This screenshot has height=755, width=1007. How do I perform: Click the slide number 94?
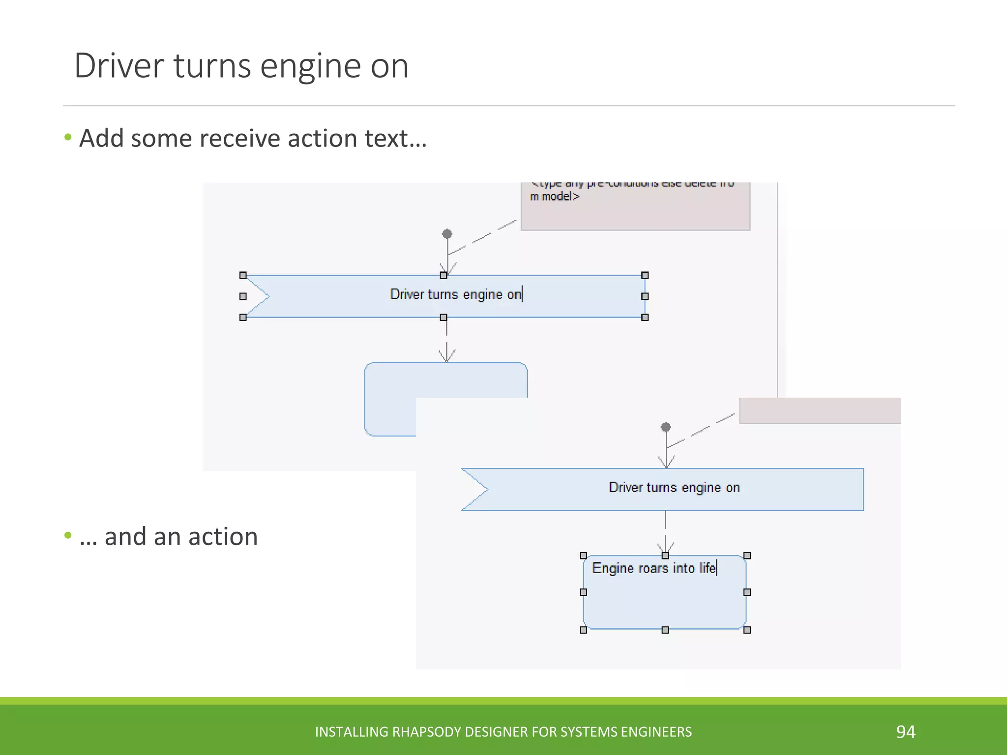pyautogui.click(x=905, y=732)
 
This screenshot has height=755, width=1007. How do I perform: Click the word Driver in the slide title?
pyautogui.click(x=118, y=66)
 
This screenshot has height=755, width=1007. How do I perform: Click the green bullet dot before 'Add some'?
pyautogui.click(x=68, y=137)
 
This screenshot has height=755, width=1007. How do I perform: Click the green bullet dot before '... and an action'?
pyautogui.click(x=68, y=535)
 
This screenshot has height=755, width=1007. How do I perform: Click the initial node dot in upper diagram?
pyautogui.click(x=447, y=233)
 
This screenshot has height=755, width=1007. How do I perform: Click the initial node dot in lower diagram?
pyautogui.click(x=666, y=427)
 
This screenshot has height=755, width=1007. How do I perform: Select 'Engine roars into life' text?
pyautogui.click(x=654, y=568)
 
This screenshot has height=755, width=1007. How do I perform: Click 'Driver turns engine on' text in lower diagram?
pyautogui.click(x=674, y=488)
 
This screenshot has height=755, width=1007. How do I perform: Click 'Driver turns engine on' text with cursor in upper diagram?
pyautogui.click(x=455, y=294)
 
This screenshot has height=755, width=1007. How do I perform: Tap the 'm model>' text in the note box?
pyautogui.click(x=555, y=197)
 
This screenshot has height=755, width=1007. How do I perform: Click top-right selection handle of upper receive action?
pyautogui.click(x=645, y=275)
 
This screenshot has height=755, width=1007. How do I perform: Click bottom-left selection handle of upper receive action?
pyautogui.click(x=243, y=318)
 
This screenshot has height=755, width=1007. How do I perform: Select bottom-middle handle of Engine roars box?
pyautogui.click(x=665, y=630)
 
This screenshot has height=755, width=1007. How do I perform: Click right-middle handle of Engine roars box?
pyautogui.click(x=747, y=592)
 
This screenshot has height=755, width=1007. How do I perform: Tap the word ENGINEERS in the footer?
pyautogui.click(x=656, y=732)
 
